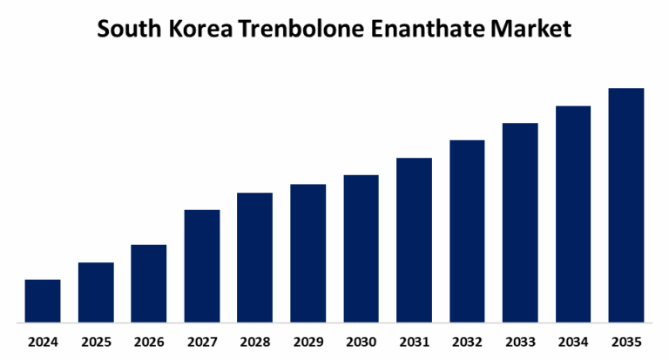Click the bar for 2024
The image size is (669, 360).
point(43,300)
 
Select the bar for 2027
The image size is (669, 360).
point(202,265)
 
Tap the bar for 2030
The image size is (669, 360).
point(361,248)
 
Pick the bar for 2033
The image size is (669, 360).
point(520,221)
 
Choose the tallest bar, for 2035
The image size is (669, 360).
point(625,204)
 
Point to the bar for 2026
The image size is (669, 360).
point(149,282)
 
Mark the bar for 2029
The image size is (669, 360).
point(308,252)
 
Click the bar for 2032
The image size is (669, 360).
point(467,230)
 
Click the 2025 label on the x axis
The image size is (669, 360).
point(96,341)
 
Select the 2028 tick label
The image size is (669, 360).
point(255,341)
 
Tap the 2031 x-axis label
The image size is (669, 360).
point(414,341)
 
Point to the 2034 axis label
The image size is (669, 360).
point(573,341)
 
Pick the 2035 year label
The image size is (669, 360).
point(625,341)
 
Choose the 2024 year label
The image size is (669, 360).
point(43,341)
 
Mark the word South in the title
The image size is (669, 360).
point(124,29)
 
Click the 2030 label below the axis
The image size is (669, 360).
point(361,341)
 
